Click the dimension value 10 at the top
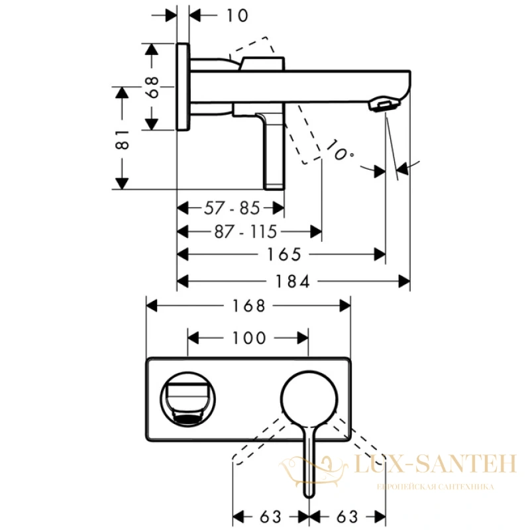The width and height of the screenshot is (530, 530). (x=237, y=15)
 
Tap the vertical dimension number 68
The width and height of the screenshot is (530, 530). (x=153, y=87)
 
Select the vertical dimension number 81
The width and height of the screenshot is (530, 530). (x=123, y=139)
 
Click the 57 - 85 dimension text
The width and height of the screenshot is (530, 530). (x=232, y=208)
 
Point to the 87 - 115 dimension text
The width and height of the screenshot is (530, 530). (x=246, y=232)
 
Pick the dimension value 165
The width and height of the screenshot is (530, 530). (x=284, y=254)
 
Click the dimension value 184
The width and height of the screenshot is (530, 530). (x=293, y=282)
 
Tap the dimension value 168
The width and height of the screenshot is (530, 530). (x=249, y=306)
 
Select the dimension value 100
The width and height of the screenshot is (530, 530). (x=249, y=338)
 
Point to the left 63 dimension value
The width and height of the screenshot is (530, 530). (x=271, y=517)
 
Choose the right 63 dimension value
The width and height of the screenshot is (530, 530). (x=347, y=517)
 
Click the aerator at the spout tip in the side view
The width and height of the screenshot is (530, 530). (x=384, y=105)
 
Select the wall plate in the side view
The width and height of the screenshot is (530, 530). (x=183, y=87)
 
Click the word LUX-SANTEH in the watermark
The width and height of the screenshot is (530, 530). (x=435, y=464)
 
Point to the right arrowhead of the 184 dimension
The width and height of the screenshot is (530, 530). (x=404, y=282)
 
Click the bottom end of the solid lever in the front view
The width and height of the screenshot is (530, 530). (x=309, y=497)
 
